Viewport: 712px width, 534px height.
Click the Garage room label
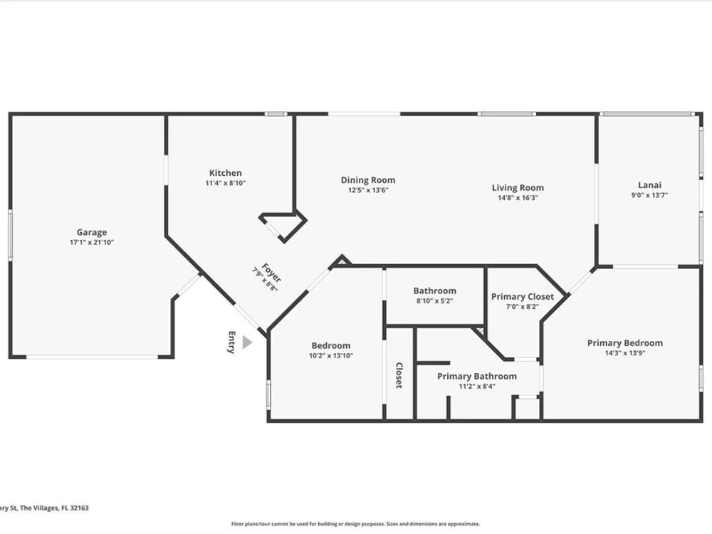(x=92, y=232)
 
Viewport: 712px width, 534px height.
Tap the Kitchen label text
(x=225, y=172)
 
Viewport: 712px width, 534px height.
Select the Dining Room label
(x=368, y=180)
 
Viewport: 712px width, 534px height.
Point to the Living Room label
(x=518, y=187)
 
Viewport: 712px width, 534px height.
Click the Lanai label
(x=649, y=185)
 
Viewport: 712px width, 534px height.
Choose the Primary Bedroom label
(x=625, y=343)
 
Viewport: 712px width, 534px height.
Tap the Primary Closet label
(x=522, y=296)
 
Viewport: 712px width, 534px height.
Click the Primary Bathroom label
(x=477, y=376)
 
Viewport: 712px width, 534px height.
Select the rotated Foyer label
(x=271, y=273)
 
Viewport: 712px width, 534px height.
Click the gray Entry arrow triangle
(x=246, y=342)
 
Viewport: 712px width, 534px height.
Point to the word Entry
(x=231, y=342)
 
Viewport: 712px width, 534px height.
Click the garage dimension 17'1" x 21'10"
(x=92, y=243)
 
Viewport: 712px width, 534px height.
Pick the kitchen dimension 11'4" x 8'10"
(x=225, y=183)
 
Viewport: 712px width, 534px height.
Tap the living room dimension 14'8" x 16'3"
(x=518, y=197)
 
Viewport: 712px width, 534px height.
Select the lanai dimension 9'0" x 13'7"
(x=649, y=195)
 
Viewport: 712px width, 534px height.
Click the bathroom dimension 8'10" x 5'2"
(x=434, y=300)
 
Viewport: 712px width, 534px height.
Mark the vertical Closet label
(x=399, y=375)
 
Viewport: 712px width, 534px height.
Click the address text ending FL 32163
(x=44, y=508)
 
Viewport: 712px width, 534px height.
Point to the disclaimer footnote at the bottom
(x=355, y=524)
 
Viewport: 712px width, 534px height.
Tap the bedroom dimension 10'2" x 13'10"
(x=330, y=356)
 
